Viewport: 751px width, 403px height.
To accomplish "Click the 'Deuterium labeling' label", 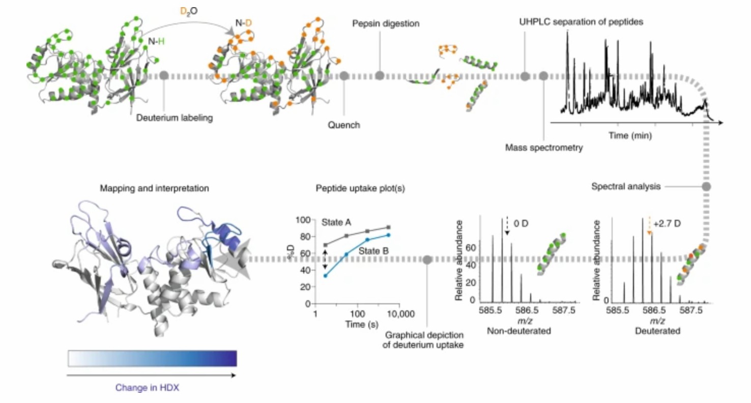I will point(174,118).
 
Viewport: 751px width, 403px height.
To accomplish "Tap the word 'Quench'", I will point(343,125).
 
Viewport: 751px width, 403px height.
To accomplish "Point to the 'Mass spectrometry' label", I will point(543,148).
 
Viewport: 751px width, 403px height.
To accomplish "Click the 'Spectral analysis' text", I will point(626,187).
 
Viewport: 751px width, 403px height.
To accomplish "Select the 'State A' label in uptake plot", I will point(336,223).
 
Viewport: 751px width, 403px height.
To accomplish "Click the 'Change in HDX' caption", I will point(147,388).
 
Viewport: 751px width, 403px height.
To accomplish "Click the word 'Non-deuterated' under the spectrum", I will point(518,331).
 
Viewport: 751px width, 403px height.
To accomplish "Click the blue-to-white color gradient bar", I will point(152,358).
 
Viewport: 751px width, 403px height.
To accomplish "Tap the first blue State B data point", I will point(326,276).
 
